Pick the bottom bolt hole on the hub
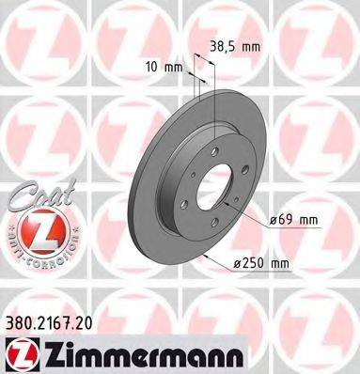(217, 240)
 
